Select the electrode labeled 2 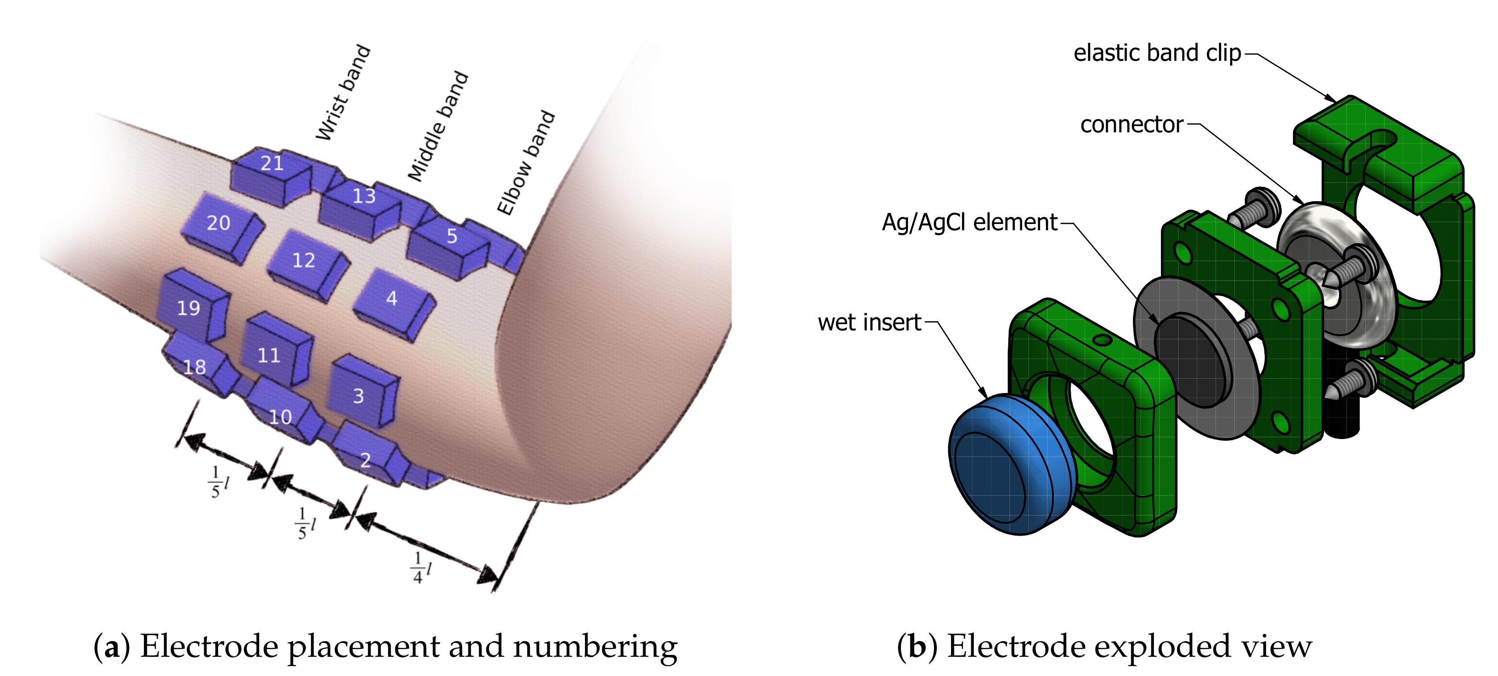[x=366, y=456]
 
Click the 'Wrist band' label [x=343, y=93]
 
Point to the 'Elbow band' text [x=526, y=163]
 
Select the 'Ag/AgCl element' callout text [x=969, y=223]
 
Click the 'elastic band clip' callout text [x=1157, y=53]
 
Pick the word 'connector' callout [x=1131, y=124]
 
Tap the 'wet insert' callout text [x=869, y=322]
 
